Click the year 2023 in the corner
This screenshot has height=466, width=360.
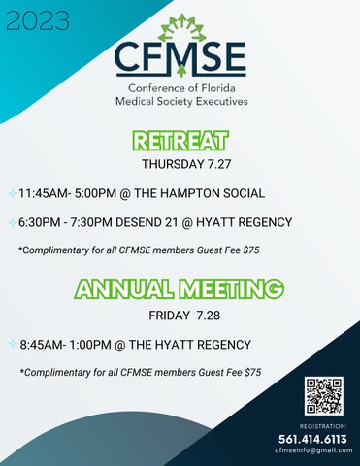[37, 20]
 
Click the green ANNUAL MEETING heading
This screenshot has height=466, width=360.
[180, 289]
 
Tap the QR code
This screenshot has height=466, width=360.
[324, 396]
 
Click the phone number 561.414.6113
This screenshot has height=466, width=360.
[313, 439]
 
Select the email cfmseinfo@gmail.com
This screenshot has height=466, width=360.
[313, 451]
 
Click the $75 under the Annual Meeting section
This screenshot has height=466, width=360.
[252, 373]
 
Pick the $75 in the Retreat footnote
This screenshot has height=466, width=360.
[250, 251]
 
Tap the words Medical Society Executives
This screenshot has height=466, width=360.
[180, 101]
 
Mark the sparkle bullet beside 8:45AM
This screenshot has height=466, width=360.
[10, 344]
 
